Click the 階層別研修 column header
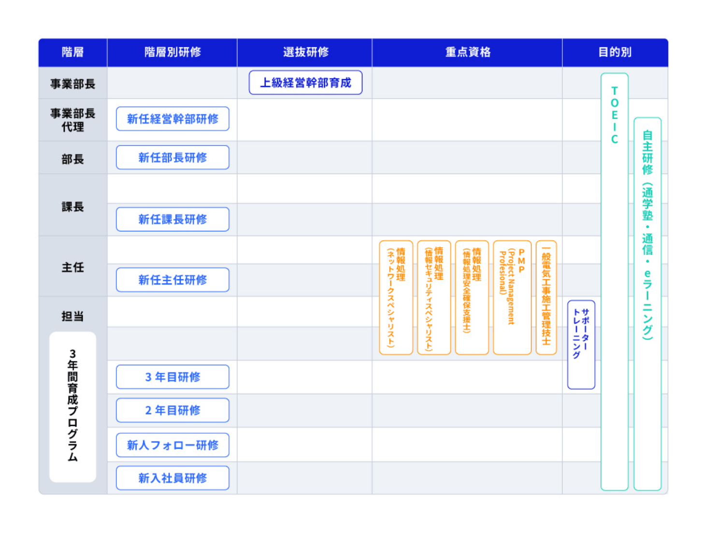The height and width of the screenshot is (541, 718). tap(172, 52)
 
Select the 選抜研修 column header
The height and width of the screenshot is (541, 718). tap(305, 52)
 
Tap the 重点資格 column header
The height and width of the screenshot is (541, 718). tap(467, 52)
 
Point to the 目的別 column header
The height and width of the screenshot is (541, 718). tap(615, 52)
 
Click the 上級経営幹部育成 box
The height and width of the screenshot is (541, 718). tap(305, 83)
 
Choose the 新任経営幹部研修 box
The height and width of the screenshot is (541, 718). tap(172, 119)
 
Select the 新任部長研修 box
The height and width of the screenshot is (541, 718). tap(172, 157)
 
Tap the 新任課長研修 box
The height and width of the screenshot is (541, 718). tap(172, 219)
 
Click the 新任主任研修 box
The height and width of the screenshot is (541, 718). tap(172, 280)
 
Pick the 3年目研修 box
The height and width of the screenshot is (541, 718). tap(172, 377)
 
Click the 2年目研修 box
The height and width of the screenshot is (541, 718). tap(172, 410)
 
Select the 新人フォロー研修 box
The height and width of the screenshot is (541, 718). tap(172, 445)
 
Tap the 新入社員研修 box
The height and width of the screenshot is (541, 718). tap(172, 478)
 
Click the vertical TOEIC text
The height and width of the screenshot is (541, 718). tap(615, 115)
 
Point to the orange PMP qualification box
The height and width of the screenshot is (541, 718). tap(512, 297)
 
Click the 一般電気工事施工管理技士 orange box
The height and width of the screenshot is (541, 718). tap(546, 297)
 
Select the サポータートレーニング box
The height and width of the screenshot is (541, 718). tap(581, 344)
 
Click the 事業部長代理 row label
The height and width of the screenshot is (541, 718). tap(72, 120)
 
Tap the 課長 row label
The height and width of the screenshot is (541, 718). tap(72, 207)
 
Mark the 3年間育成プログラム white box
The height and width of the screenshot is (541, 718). tap(72, 407)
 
